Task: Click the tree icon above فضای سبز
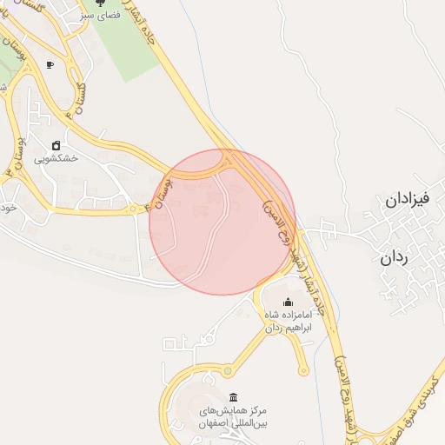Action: [109, 3]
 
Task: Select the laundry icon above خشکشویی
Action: [56, 145]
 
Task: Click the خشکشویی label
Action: [56, 159]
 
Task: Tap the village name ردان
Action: [395, 258]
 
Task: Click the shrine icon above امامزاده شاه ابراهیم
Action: [289, 302]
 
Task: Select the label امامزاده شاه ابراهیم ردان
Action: [288, 322]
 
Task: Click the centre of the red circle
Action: [222, 222]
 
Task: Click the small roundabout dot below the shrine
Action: [302, 370]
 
